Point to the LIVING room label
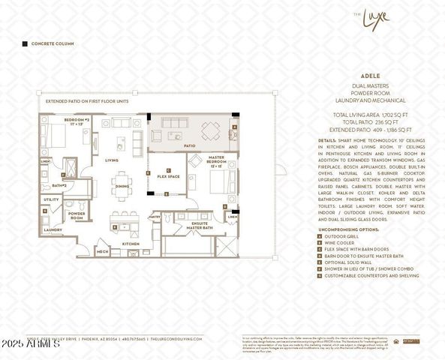112,160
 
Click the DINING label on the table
122,186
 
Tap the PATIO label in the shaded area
190,145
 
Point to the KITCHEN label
131,244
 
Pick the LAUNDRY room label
53,229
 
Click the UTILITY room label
52,199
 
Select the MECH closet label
103,252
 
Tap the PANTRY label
155,216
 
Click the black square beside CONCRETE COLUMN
25,44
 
